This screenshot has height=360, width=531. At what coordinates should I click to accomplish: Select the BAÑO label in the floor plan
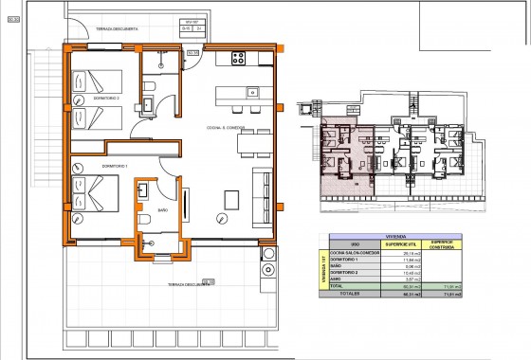click(x=163, y=209)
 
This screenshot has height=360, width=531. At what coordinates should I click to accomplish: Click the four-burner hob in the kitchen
click(x=236, y=59)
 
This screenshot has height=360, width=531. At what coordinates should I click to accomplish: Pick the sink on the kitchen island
click(x=252, y=93)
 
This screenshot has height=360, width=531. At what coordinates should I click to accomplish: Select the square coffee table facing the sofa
click(x=232, y=200)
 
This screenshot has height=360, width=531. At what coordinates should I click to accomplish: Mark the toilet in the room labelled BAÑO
click(x=145, y=221)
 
